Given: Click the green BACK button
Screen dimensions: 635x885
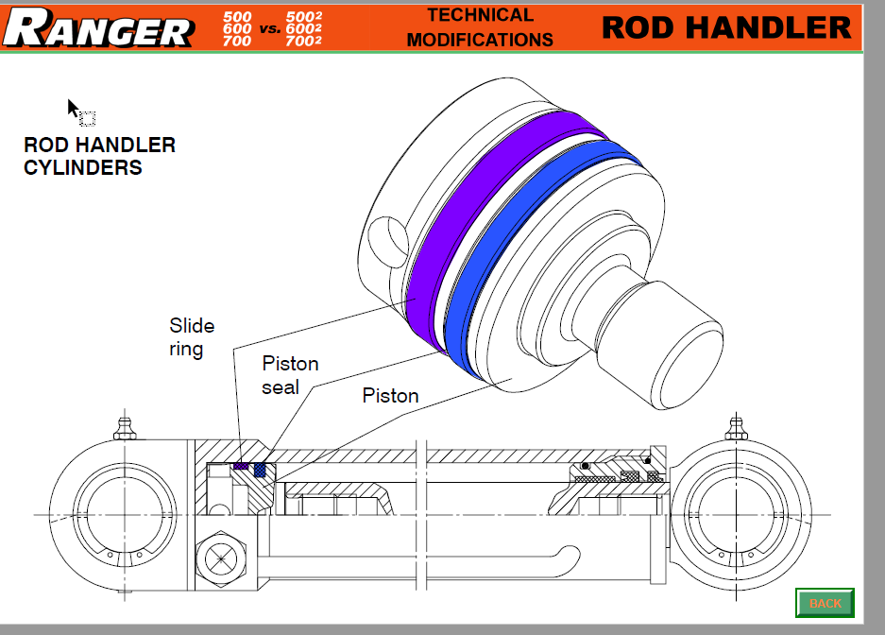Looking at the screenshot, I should pyautogui.click(x=825, y=603).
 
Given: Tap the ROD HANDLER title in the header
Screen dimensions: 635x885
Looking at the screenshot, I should pyautogui.click(x=726, y=26).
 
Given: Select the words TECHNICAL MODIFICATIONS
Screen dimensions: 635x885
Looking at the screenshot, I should pyautogui.click(x=480, y=27).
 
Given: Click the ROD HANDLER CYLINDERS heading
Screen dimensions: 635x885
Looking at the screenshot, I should pyautogui.click(x=99, y=157).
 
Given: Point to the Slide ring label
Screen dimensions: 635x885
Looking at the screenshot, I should pyautogui.click(x=192, y=337).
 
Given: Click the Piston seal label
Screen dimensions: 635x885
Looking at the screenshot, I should pyautogui.click(x=290, y=375).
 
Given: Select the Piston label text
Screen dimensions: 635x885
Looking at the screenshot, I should pyautogui.click(x=390, y=396).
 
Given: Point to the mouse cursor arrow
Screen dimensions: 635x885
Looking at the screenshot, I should pyautogui.click(x=74, y=108).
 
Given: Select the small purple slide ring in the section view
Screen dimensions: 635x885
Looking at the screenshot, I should pyautogui.click(x=241, y=466).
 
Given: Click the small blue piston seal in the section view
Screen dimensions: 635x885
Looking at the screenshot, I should pyautogui.click(x=261, y=469).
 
